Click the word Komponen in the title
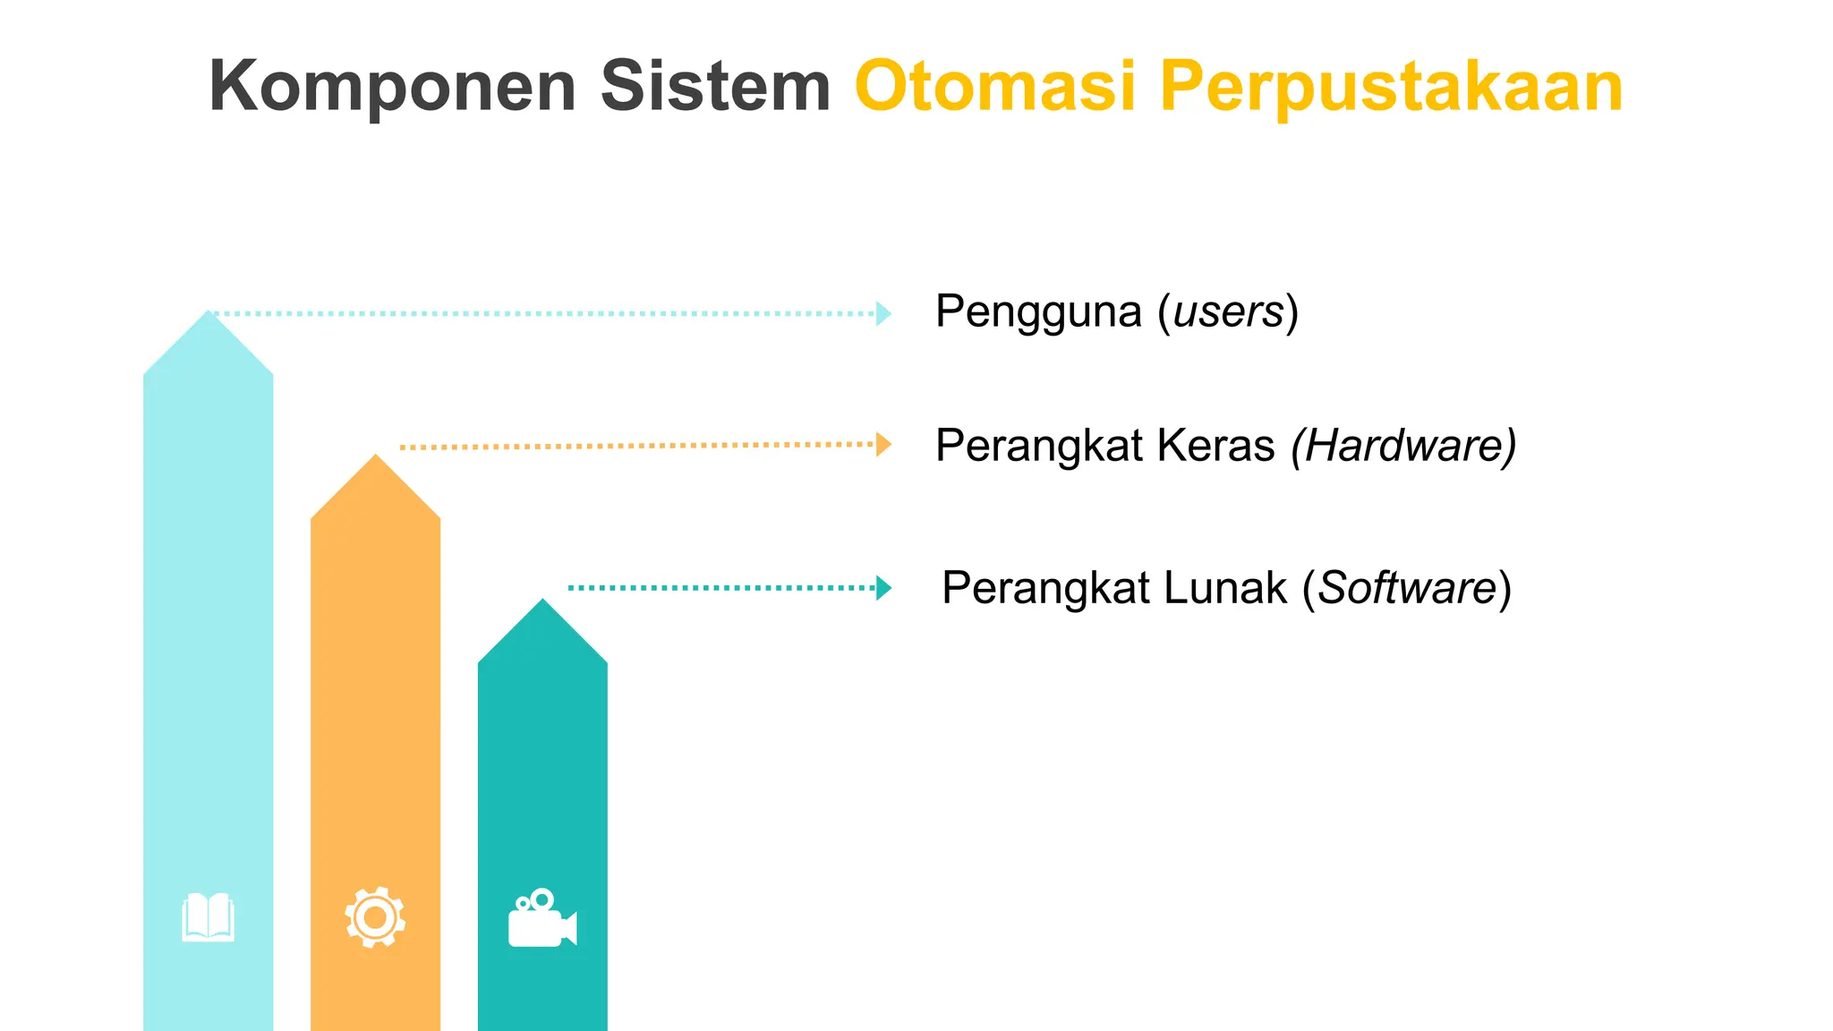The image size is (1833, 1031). pyautogui.click(x=392, y=87)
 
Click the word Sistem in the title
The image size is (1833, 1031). pyautogui.click(x=715, y=87)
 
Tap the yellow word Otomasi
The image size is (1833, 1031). pyautogui.click(x=995, y=87)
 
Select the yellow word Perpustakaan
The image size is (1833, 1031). pyautogui.click(x=1391, y=87)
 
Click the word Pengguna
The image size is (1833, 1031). pyautogui.click(x=1038, y=313)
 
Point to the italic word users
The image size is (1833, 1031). pyautogui.click(x=1228, y=313)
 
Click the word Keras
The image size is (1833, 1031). pyautogui.click(x=1215, y=446)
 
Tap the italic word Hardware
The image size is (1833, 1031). pyautogui.click(x=1403, y=446)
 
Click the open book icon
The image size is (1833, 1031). pyautogui.click(x=209, y=917)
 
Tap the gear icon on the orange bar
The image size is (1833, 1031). pyautogui.click(x=375, y=917)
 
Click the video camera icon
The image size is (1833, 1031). pyautogui.click(x=542, y=919)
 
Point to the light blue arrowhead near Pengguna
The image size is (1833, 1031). pyautogui.click(x=883, y=313)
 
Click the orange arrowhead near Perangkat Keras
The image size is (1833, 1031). pyautogui.click(x=883, y=444)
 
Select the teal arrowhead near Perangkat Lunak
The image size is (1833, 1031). pyautogui.click(x=883, y=588)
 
